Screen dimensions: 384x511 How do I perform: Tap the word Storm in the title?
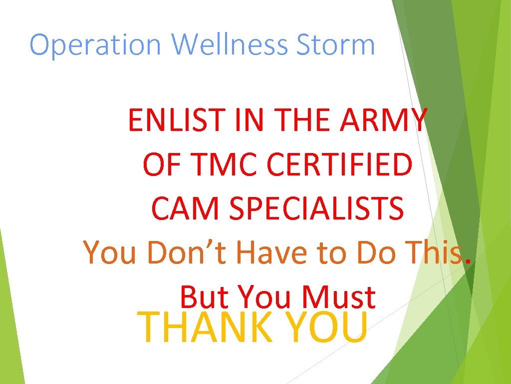tap(335, 45)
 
